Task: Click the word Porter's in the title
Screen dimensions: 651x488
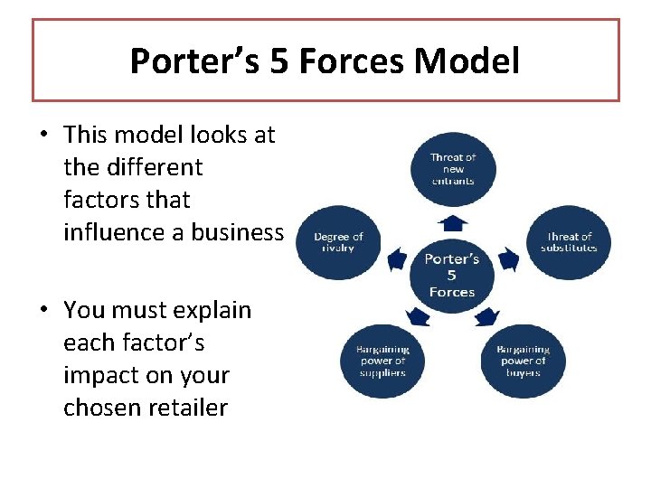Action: [185, 61]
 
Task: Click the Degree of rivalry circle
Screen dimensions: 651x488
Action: [337, 242]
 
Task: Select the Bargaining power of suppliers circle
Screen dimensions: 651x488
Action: [381, 361]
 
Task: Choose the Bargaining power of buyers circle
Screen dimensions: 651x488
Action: [524, 361]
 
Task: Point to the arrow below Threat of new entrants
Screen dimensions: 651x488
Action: [452, 222]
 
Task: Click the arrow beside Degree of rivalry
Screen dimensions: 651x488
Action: [395, 261]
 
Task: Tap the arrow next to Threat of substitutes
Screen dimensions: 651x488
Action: [509, 261]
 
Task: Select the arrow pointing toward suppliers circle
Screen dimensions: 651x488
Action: [417, 316]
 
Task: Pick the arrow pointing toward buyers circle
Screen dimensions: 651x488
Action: [487, 316]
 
